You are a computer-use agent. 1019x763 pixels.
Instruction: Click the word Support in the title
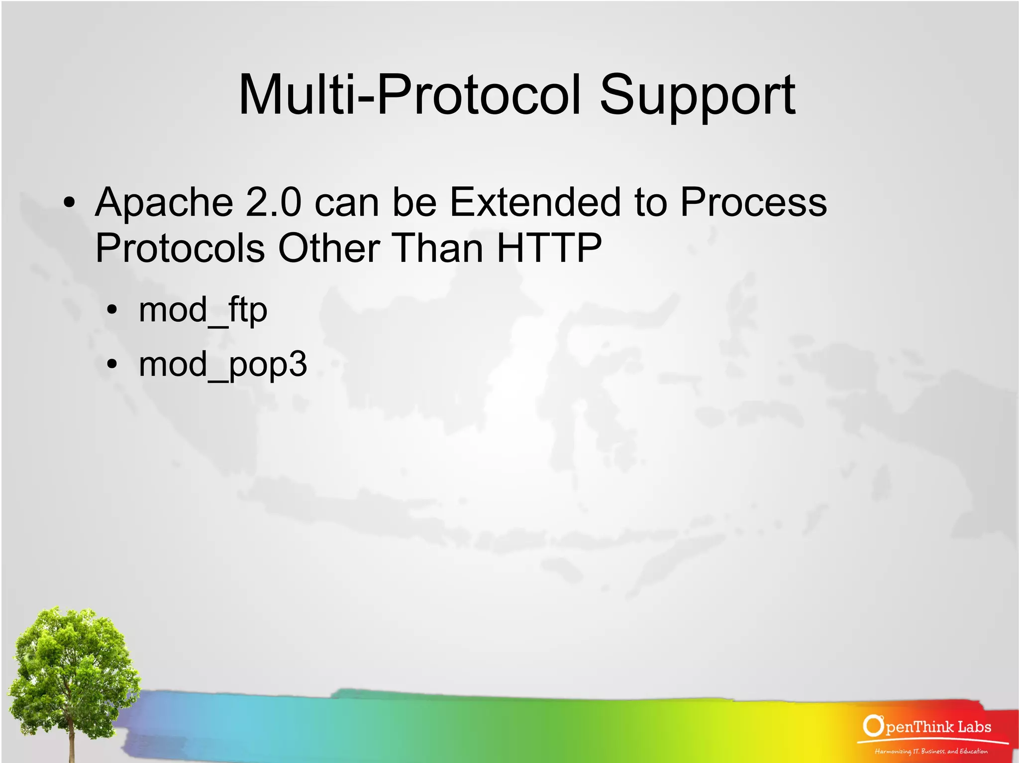click(697, 95)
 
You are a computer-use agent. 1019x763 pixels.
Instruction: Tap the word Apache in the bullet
click(164, 203)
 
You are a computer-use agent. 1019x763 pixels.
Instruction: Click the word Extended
click(535, 202)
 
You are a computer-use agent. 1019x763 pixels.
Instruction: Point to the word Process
click(753, 202)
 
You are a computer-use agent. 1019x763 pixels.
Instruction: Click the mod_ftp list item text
click(203, 310)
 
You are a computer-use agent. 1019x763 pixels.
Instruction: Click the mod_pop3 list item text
click(222, 365)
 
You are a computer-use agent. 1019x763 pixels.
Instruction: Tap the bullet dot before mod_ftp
click(112, 311)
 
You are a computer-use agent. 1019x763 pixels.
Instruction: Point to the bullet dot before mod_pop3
click(112, 365)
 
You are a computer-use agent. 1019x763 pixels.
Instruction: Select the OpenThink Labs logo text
click(937, 727)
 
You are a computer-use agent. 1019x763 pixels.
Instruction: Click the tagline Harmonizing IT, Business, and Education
click(931, 751)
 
